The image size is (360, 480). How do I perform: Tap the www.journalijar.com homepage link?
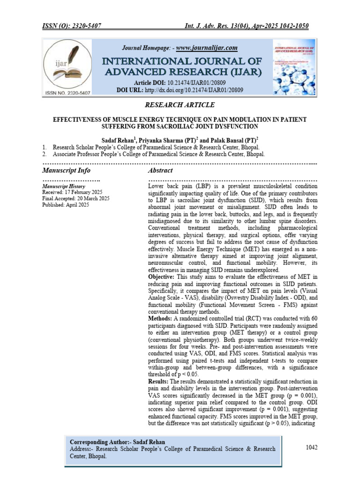207,48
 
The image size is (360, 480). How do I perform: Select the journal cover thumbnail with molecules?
295,68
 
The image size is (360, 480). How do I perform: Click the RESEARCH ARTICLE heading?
180,105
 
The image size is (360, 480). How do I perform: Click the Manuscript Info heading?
66,170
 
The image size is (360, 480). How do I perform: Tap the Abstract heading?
160,170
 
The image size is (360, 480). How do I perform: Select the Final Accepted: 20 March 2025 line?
76,198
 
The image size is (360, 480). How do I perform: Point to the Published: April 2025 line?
65,205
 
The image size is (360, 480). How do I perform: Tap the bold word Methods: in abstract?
162,319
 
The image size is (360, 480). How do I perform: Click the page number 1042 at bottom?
312,447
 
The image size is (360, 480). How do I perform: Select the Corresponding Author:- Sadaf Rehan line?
117,442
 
